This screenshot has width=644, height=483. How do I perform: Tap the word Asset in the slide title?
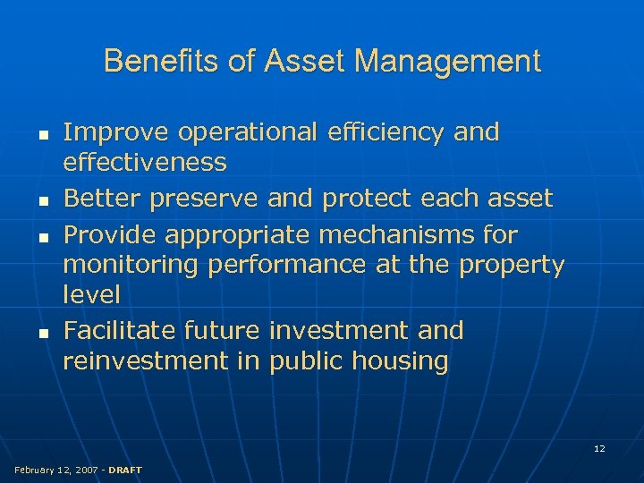coord(300,62)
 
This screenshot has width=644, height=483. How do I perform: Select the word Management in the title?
coord(447,62)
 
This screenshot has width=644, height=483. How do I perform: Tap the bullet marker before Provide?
coord(42,237)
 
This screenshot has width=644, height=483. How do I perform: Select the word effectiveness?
coord(145,163)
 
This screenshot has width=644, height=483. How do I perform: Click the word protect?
coord(365,199)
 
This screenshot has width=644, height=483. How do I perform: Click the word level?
coord(91,294)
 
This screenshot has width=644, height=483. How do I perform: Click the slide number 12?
coord(599,448)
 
